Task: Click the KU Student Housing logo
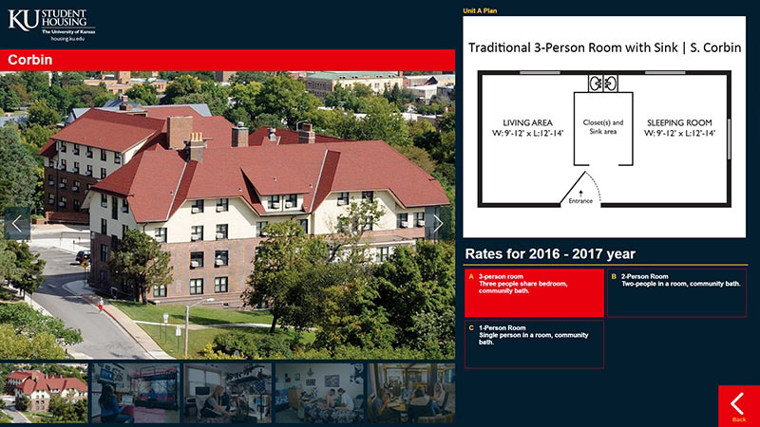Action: tap(51, 25)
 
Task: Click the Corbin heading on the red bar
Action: tap(30, 60)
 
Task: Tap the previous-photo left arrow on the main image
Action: tap(17, 224)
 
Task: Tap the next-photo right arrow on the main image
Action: tap(438, 224)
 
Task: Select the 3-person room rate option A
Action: tap(534, 293)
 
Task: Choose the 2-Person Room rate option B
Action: tap(676, 293)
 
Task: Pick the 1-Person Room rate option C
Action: tap(534, 344)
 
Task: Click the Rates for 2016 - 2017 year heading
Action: tap(550, 253)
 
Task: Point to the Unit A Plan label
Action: tap(480, 10)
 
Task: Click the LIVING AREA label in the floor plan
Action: tap(527, 123)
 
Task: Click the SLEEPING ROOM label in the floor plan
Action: tap(679, 123)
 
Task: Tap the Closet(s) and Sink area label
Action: tap(603, 127)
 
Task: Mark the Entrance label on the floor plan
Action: tap(580, 201)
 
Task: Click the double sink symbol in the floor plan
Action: tap(603, 84)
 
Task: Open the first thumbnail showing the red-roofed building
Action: tap(44, 393)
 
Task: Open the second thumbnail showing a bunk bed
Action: tap(136, 393)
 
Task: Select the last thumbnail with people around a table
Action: tap(411, 393)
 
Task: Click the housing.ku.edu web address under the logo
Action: tap(67, 39)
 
